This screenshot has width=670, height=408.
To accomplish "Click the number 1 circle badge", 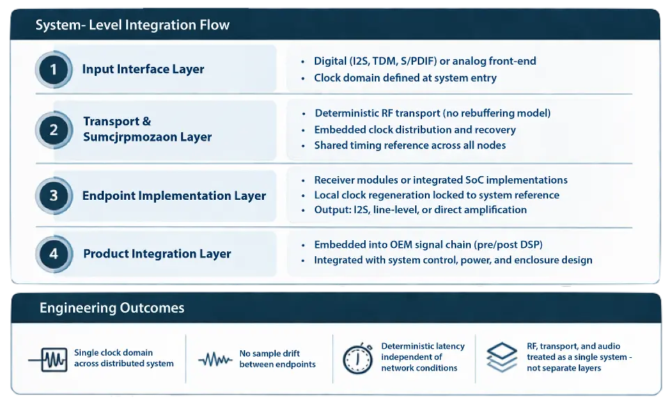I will coord(54,69).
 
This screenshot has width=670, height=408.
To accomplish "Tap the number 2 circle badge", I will coord(54,130).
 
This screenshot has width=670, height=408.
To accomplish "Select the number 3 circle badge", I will coord(54,196).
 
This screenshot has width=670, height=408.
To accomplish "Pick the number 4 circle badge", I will coord(54,253).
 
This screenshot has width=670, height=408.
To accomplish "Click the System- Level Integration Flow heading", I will coord(132,26).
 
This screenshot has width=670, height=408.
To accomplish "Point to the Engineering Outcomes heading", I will coord(111,308).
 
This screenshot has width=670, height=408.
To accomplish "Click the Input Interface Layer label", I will coord(143,69).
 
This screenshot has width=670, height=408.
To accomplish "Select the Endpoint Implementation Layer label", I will coord(174,196).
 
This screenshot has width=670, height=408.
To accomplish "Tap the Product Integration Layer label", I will coord(157,253).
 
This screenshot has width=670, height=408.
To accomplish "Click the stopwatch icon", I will coord(357,359).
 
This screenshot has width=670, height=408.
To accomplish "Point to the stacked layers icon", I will coord(501,358).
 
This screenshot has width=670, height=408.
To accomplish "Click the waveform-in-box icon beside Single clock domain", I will coord(47,359).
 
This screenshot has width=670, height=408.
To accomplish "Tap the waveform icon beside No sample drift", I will coord(215,359).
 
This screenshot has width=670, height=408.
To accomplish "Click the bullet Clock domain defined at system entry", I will coord(405,78).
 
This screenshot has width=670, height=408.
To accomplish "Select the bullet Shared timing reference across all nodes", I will coord(410,146).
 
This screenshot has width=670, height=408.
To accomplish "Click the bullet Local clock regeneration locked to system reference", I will coord(436,195).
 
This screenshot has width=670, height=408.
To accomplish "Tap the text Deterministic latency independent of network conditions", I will coord(422,356).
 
